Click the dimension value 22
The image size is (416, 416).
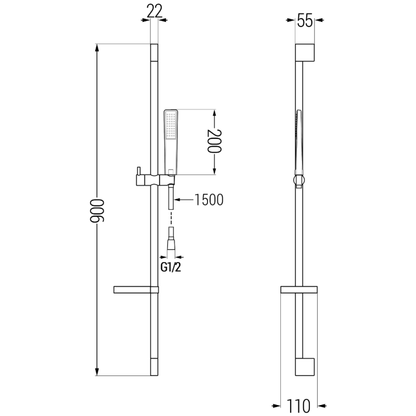[154, 10]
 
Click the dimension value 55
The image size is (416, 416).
[304, 21]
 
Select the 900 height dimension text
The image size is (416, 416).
[96, 211]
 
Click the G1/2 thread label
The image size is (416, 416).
[171, 267]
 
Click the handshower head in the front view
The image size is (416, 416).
[171, 125]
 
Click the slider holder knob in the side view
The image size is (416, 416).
[298, 180]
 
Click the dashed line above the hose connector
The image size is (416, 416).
[171, 218]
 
